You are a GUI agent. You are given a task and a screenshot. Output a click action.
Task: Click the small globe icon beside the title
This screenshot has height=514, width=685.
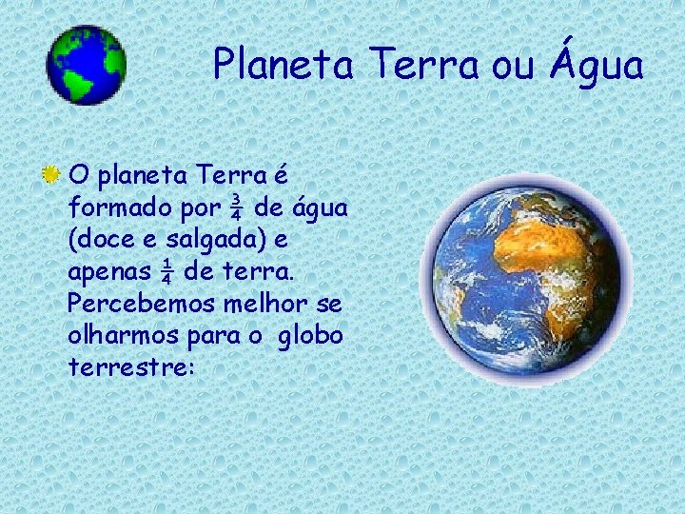(86, 64)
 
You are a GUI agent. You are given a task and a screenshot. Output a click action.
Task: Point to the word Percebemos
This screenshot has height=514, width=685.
(127, 305)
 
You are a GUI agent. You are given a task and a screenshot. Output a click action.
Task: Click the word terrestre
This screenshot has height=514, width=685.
(128, 368)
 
